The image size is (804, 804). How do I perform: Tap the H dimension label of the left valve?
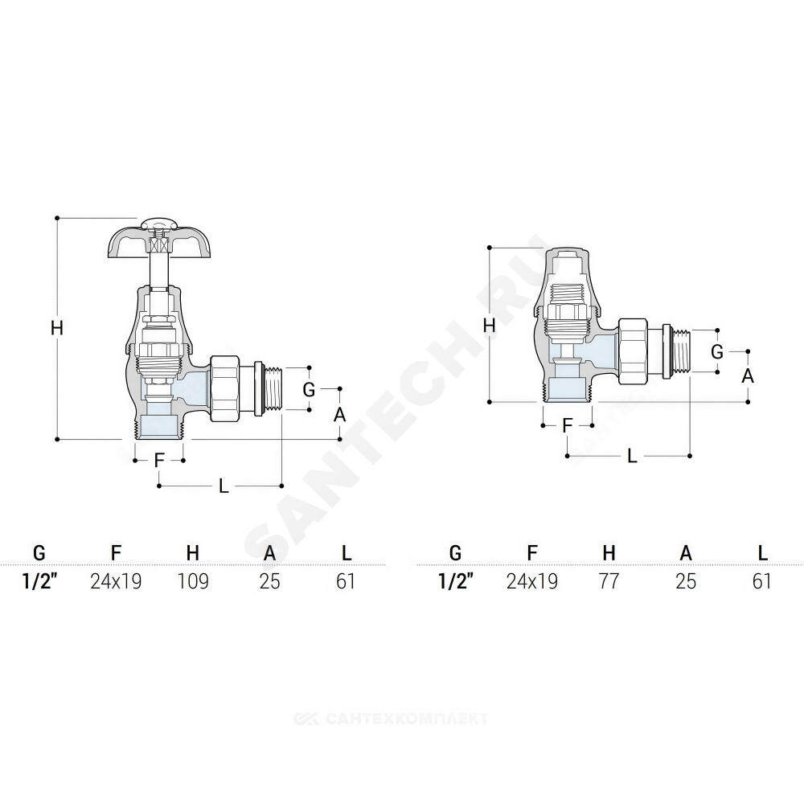pyautogui.click(x=57, y=327)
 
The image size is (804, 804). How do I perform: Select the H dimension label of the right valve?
pyautogui.click(x=490, y=325)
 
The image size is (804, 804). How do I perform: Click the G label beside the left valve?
pyautogui.click(x=309, y=390)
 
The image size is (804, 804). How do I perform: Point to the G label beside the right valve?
pyautogui.click(x=717, y=352)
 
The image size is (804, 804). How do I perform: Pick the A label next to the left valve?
pyautogui.click(x=339, y=415)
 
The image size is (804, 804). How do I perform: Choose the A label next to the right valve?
pyautogui.click(x=748, y=376)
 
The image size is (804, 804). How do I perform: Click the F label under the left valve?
pyautogui.click(x=159, y=461)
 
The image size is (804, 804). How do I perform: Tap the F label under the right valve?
pyautogui.click(x=567, y=425)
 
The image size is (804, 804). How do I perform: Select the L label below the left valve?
pyautogui.click(x=224, y=486)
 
